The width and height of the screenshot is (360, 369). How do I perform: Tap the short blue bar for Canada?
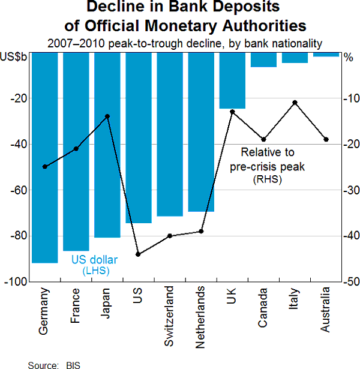tap(263, 59)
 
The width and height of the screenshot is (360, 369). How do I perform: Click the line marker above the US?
tap(139, 254)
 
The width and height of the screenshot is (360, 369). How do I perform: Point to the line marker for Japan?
tap(107, 116)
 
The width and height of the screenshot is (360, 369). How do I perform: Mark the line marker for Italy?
tap(295, 103)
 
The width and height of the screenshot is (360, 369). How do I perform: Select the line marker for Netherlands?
tap(201, 231)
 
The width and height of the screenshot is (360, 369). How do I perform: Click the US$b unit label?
tap(14, 57)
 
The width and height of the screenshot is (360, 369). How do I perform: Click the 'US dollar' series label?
tap(95, 260)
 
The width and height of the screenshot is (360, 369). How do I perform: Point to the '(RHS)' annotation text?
tap(267, 179)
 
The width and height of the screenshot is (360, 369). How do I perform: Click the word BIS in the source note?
tap(73, 364)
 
